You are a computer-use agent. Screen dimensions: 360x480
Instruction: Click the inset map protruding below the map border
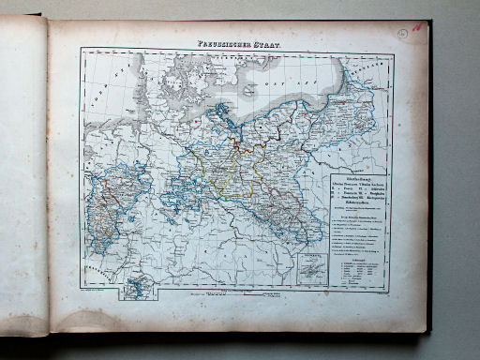pos(138,285)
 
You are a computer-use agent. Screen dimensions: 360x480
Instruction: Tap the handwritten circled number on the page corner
pos(402,32)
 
